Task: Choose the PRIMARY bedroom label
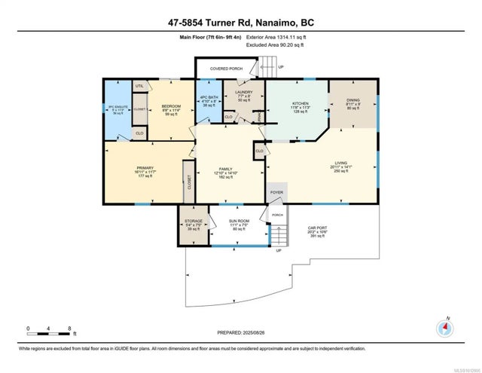pos(145,167)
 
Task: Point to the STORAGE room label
pos(194,222)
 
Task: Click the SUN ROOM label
pos(239,222)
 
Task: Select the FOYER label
pos(276,192)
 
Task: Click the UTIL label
pos(139,87)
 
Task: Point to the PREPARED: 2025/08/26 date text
pos(239,332)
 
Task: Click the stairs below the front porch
pos(279,236)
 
